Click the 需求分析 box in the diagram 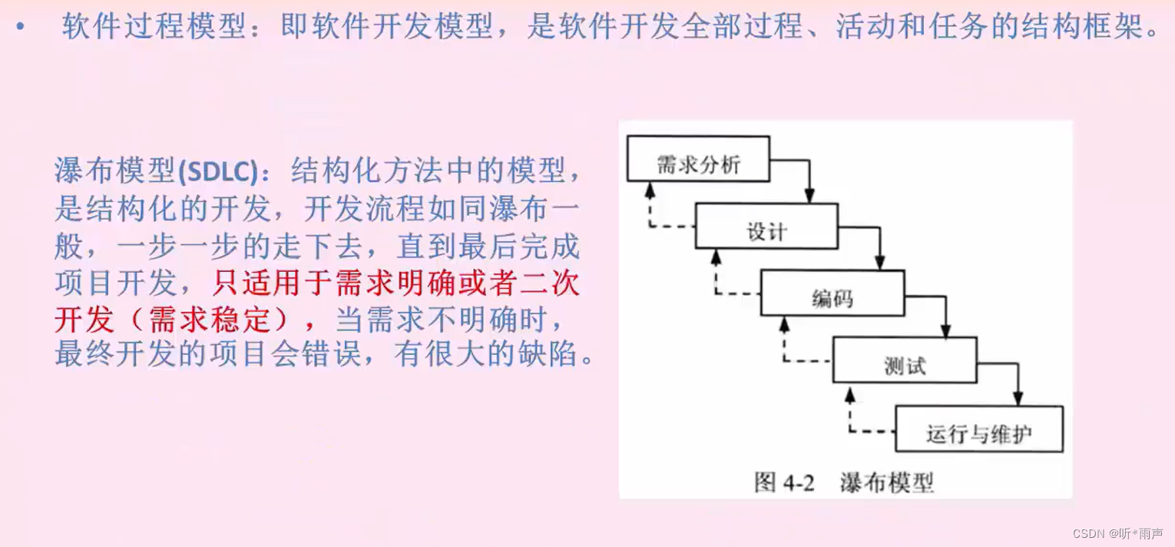tap(698, 159)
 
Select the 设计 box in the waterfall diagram tap(766, 226)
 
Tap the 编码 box tap(832, 293)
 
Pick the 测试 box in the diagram tap(905, 360)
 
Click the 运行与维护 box tap(979, 429)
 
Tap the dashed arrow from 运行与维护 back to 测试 tap(850, 415)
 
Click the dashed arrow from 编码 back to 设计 tap(717, 276)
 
